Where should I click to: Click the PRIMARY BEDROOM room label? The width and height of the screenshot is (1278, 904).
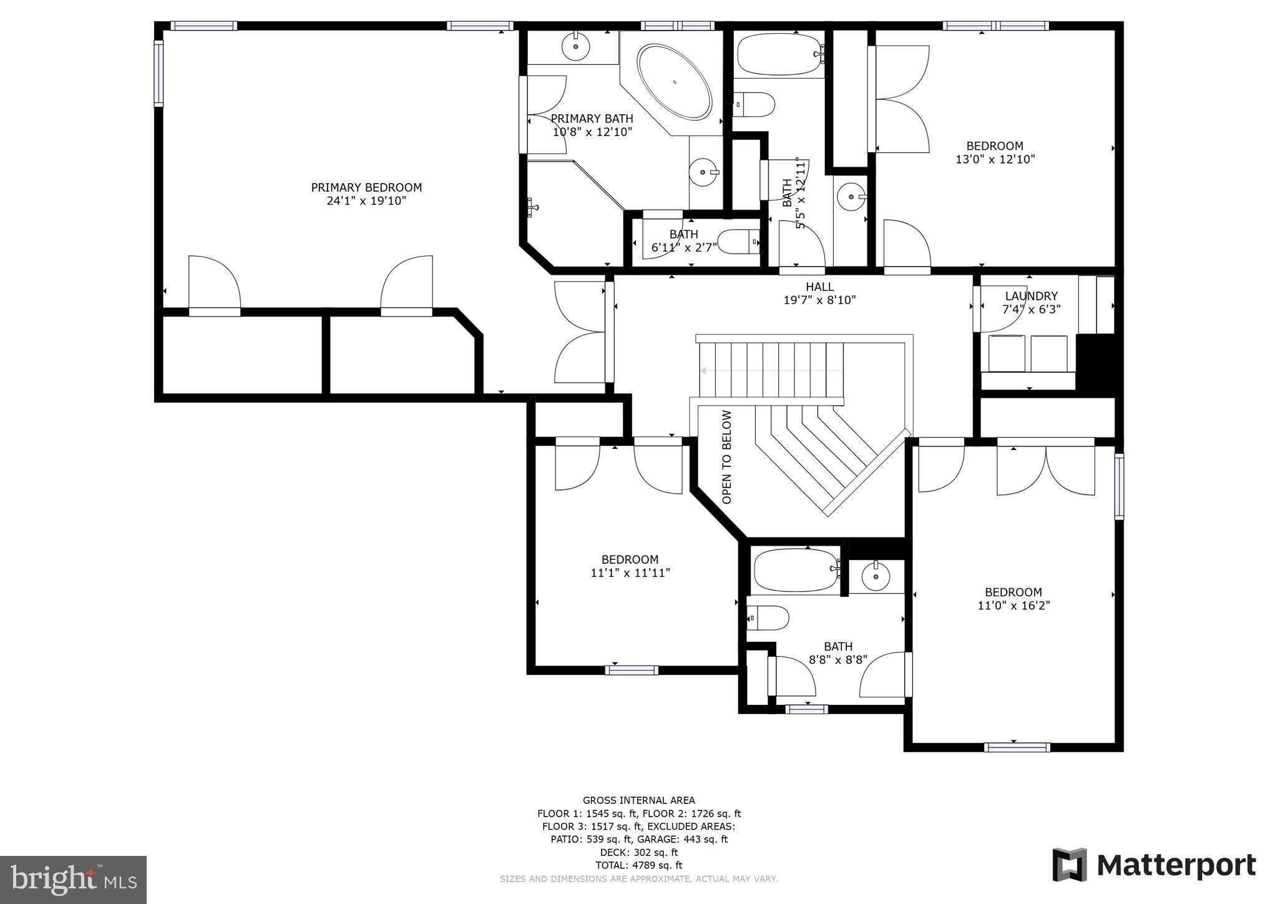tap(366, 187)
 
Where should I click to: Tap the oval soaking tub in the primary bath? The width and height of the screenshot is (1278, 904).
tap(674, 82)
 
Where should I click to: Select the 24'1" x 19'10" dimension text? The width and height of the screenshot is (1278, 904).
tap(366, 201)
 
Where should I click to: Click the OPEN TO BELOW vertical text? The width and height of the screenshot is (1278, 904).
tap(726, 457)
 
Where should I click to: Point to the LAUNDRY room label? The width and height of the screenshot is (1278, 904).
tap(1031, 296)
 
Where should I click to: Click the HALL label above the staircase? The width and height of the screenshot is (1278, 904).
tap(819, 287)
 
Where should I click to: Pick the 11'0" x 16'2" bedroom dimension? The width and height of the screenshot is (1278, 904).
tap(1013, 606)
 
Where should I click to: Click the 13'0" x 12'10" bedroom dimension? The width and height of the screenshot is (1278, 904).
tap(995, 159)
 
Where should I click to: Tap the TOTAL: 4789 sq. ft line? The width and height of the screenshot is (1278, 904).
tap(638, 865)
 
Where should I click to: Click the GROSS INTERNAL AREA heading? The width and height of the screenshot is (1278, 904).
tap(638, 800)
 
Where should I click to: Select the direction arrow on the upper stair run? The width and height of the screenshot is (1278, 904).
tap(704, 370)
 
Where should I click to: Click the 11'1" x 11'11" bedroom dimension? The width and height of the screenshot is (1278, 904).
tap(630, 572)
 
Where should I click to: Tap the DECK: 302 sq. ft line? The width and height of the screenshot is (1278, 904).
tap(638, 852)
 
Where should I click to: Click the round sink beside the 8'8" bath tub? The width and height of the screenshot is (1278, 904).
tap(876, 577)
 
